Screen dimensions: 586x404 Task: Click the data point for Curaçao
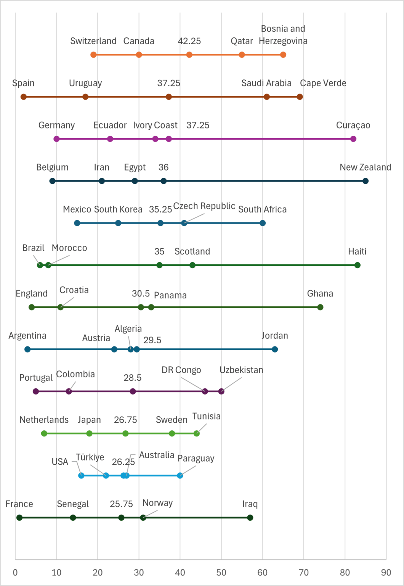pos(353,139)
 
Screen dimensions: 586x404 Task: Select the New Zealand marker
pos(366,181)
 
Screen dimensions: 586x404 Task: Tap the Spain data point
pos(24,97)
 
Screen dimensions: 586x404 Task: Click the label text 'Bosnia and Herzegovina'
pos(283,35)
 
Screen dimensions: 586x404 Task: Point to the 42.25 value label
pos(189,41)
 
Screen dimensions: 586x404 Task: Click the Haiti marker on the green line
pos(358,265)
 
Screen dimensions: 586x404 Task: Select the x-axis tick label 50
pos(221,573)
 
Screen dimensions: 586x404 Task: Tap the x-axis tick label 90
pos(386,573)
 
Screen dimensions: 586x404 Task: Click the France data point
pos(19,518)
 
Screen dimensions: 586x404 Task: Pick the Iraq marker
pos(250,518)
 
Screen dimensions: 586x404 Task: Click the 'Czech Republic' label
pos(204,206)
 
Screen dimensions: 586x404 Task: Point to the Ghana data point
pos(320,307)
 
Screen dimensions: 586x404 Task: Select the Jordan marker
pos(275,349)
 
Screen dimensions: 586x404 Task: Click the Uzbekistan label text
pos(241,370)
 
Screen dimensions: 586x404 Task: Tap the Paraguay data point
pos(180,475)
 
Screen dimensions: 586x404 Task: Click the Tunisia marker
pos(197,433)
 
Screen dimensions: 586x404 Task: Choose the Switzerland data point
pos(94,55)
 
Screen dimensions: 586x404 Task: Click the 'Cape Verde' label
pos(323,83)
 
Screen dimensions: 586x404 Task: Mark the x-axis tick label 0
pos(15,573)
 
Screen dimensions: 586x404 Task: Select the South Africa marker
pos(263,223)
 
